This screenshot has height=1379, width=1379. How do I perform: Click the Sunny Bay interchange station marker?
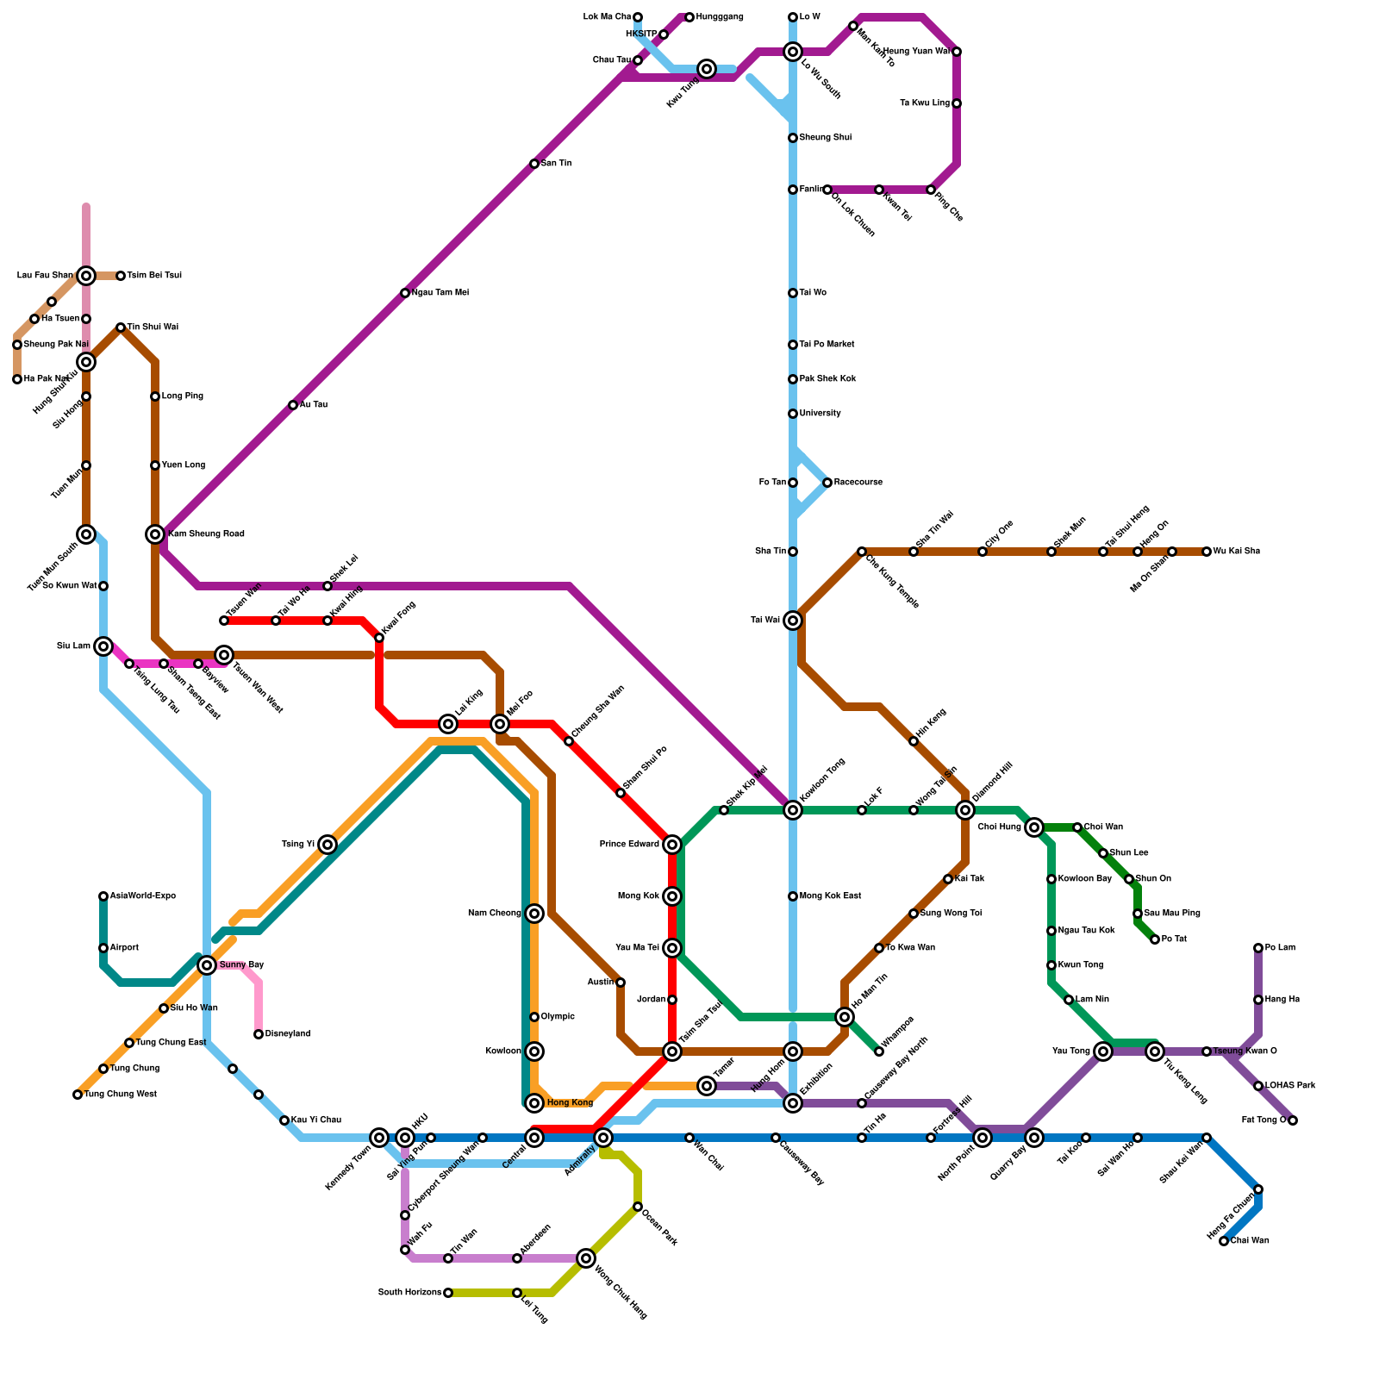[x=207, y=965]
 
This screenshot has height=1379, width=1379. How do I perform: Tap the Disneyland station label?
[x=288, y=1034]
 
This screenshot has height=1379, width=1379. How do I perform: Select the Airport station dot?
[x=103, y=948]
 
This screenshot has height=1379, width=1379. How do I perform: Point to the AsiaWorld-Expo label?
[x=143, y=896]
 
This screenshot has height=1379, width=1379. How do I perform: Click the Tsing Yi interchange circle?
[x=328, y=845]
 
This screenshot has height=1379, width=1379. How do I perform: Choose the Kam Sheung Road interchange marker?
[x=155, y=534]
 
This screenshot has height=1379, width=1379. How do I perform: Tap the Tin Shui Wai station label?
[x=153, y=328]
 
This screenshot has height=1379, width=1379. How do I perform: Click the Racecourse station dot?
[x=827, y=483]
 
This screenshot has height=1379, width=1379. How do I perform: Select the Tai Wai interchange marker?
[x=793, y=621]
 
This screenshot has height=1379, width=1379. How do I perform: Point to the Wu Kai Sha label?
[x=1237, y=552]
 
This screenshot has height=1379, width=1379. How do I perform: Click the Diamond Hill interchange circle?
[x=965, y=810]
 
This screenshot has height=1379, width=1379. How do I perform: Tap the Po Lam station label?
[x=1280, y=948]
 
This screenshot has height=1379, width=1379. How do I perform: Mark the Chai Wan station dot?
[x=1224, y=1241]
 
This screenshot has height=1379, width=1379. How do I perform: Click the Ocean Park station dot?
[x=638, y=1207]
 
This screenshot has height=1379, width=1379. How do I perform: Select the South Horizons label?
[x=410, y=1293]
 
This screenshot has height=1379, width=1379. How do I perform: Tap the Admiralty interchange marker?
[x=603, y=1138]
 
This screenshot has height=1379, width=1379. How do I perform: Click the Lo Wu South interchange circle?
[x=793, y=52]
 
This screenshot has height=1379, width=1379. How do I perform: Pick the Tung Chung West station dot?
[x=78, y=1095]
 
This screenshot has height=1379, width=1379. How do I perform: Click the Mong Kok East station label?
[x=831, y=896]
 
